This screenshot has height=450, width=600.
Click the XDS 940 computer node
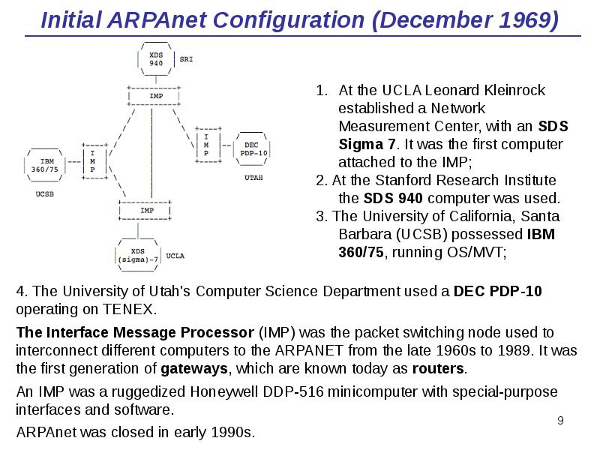tap(156, 58)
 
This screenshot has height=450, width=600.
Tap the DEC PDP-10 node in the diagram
tap(250, 148)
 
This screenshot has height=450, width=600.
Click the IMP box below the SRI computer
tap(155, 97)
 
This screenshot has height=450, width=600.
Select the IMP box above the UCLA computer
tap(147, 210)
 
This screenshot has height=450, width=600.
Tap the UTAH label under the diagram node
tap(253, 178)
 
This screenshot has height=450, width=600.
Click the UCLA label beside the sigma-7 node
tap(175, 256)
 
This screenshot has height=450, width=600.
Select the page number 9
tap(559, 420)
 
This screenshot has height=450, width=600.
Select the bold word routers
tap(439, 369)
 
